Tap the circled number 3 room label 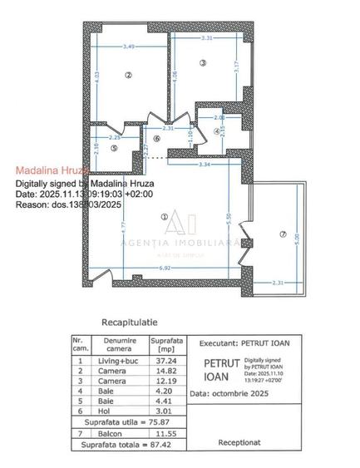click(x=202, y=63)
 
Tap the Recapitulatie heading click(x=129, y=321)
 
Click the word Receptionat click(x=240, y=443)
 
